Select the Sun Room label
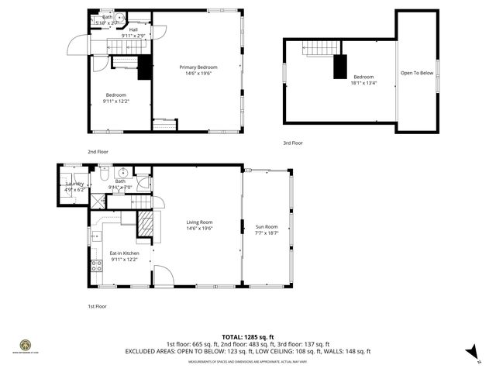coord(267,226)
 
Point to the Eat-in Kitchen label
coord(124,253)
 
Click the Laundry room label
coord(74,184)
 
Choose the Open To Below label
coord(416,73)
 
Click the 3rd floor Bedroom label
coord(363,77)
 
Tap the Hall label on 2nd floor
coord(122,30)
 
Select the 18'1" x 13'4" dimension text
coord(363,83)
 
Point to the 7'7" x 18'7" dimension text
coord(267,232)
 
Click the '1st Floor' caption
coord(97,306)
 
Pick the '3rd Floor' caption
coord(292,143)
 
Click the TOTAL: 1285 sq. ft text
coord(247,337)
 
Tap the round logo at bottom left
coord(25,344)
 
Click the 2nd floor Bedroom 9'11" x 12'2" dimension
coord(116,101)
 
